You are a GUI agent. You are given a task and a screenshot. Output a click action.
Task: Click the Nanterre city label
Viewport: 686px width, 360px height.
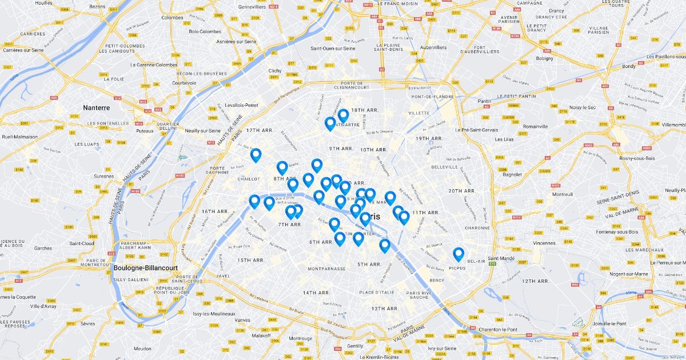96,107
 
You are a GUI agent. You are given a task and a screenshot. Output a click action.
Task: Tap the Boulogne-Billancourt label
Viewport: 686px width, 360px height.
145,267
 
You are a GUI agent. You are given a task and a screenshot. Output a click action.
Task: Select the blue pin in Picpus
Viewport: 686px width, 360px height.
458,254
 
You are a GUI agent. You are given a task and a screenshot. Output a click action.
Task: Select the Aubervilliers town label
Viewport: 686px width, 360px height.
432,47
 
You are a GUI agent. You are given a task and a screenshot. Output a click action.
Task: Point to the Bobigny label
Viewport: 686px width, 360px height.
545,58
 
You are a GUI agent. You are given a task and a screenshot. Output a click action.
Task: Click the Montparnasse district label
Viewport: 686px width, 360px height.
326,269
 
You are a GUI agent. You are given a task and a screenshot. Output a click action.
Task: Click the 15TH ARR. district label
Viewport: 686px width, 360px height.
250,261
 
